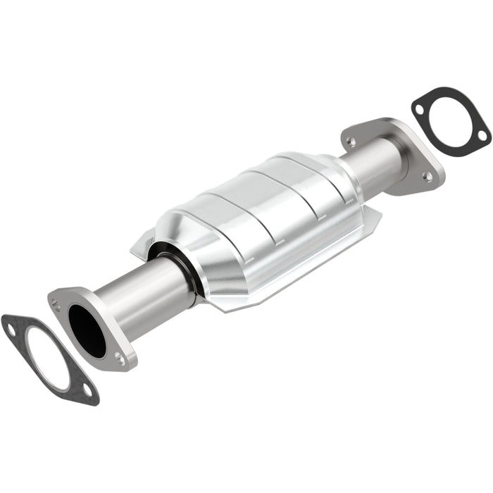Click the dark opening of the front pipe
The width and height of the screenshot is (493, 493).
point(87,331)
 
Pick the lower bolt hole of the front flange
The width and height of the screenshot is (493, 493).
point(120,358)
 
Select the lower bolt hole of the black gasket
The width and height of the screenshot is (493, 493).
point(482,133)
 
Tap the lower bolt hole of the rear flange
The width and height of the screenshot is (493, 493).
point(427,177)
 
